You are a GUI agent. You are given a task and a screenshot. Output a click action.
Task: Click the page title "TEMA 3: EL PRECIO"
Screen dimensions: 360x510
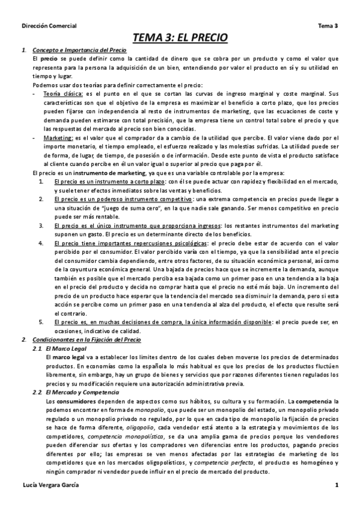180,38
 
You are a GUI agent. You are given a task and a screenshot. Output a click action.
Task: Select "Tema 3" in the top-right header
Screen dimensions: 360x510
328,25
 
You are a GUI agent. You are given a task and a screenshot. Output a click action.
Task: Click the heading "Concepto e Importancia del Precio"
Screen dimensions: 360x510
75,50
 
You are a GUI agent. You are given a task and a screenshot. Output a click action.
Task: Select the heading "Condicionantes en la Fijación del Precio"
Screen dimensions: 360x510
87,340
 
